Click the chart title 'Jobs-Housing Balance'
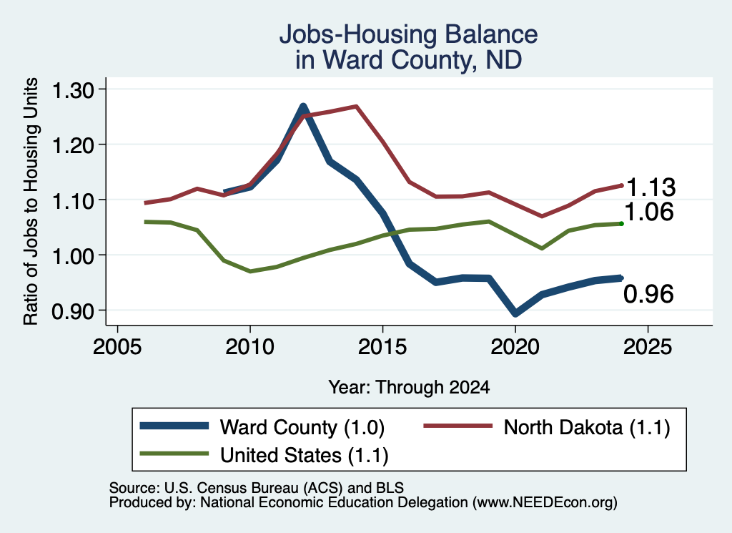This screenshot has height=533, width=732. [408, 34]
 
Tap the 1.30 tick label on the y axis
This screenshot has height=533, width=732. [73, 90]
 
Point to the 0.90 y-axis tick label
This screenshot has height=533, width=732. [73, 311]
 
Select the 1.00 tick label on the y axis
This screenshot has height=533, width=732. [73, 256]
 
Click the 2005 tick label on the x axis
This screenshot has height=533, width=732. [117, 346]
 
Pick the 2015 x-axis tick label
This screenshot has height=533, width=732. [382, 346]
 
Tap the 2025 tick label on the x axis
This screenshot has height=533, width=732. [648, 346]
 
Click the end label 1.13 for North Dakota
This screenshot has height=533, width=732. [651, 187]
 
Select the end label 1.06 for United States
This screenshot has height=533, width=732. [649, 212]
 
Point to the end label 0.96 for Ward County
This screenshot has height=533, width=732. [649, 294]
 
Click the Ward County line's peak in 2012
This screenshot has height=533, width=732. [303, 107]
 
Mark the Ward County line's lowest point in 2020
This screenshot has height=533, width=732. [515, 313]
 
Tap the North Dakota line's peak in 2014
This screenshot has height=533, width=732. [356, 107]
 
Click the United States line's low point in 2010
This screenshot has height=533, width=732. [250, 271]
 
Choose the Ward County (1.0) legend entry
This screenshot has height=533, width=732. [262, 427]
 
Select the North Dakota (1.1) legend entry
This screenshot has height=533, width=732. [547, 427]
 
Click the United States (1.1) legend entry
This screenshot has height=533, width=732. [264, 455]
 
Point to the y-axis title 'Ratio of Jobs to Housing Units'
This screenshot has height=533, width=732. [31, 201]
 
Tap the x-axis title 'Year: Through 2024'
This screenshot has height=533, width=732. [409, 387]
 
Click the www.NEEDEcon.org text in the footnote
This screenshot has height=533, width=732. [544, 503]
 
